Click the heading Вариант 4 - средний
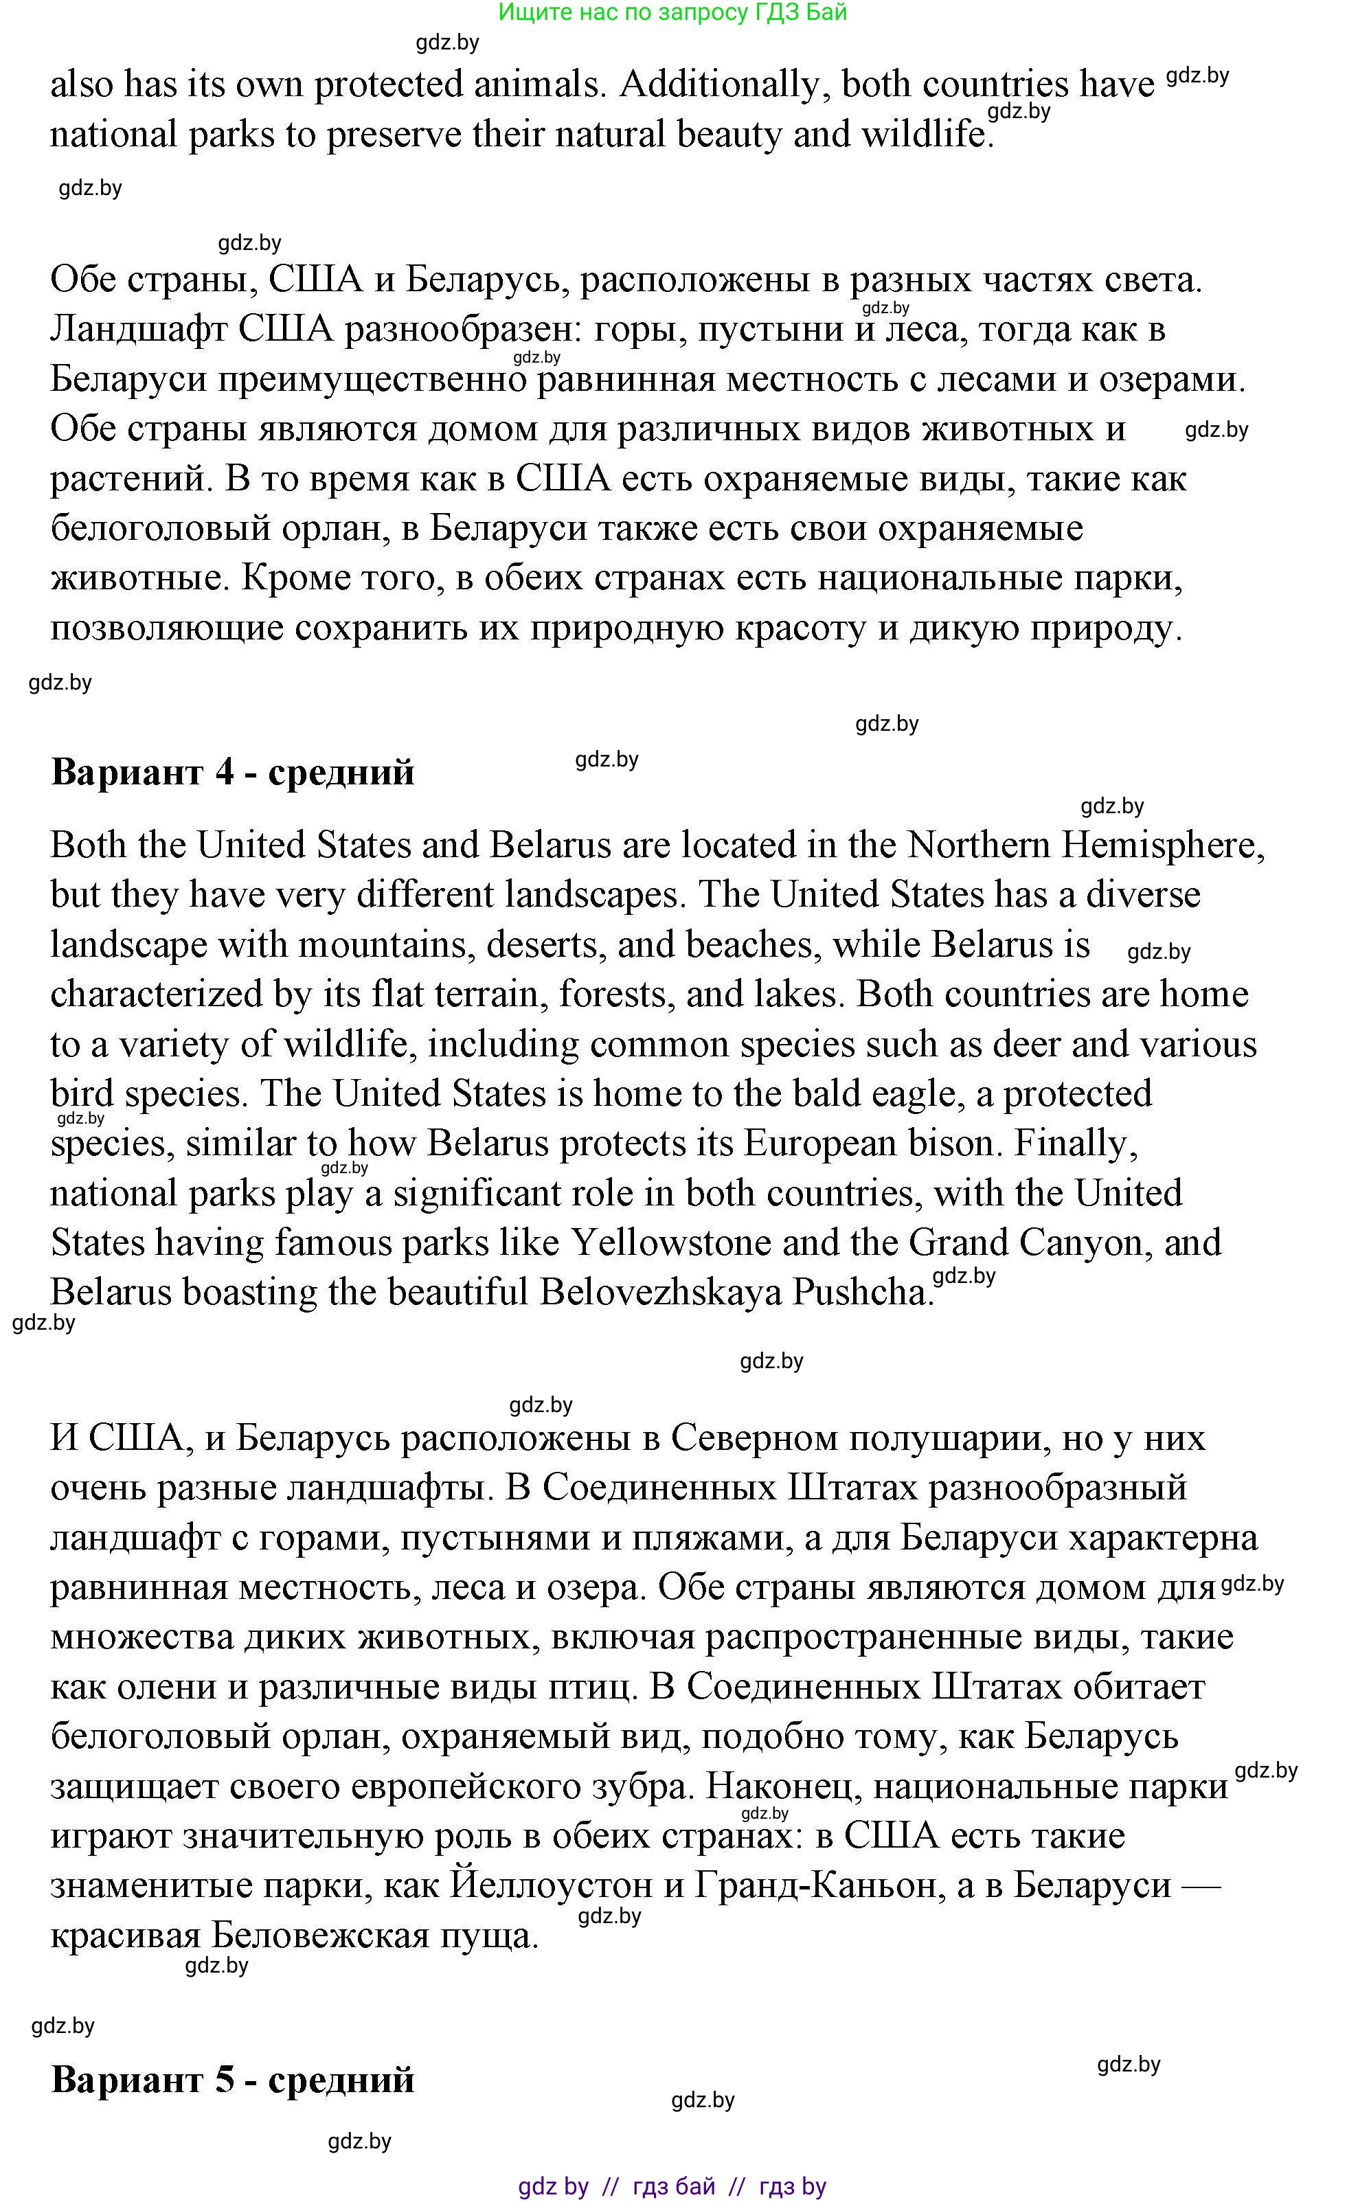click(232, 772)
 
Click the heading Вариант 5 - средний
click(232, 2080)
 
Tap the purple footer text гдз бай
click(674, 2187)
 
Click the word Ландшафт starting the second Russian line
click(137, 330)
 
